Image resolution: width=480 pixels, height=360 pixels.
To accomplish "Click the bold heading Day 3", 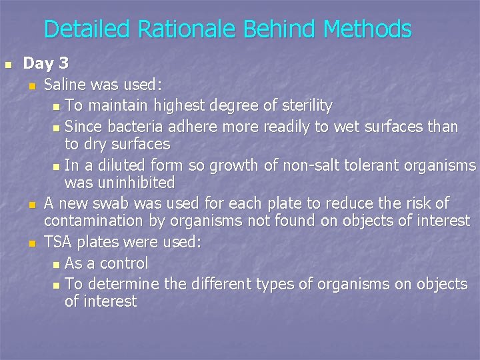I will [46, 64].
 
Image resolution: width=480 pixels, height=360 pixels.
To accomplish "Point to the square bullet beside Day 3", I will [8, 65].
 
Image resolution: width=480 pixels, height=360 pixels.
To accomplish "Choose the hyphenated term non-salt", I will [291, 165].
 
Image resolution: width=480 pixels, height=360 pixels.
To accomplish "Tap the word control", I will [124, 263].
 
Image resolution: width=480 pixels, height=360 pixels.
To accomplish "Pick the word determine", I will [122, 284].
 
